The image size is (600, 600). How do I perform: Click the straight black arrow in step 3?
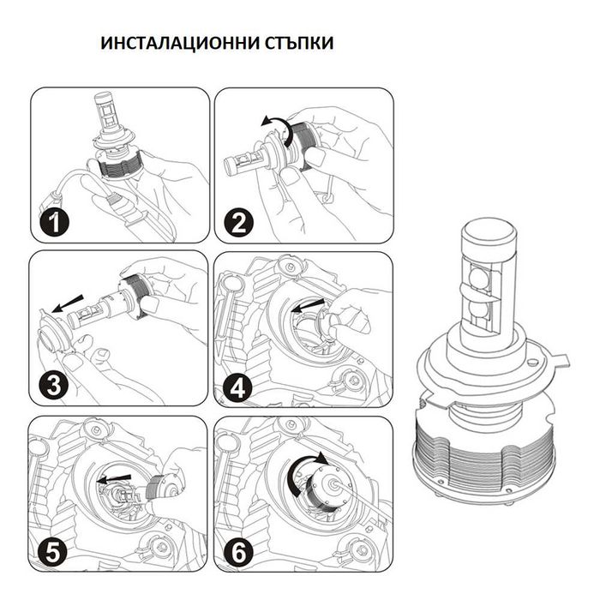click(x=70, y=301)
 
